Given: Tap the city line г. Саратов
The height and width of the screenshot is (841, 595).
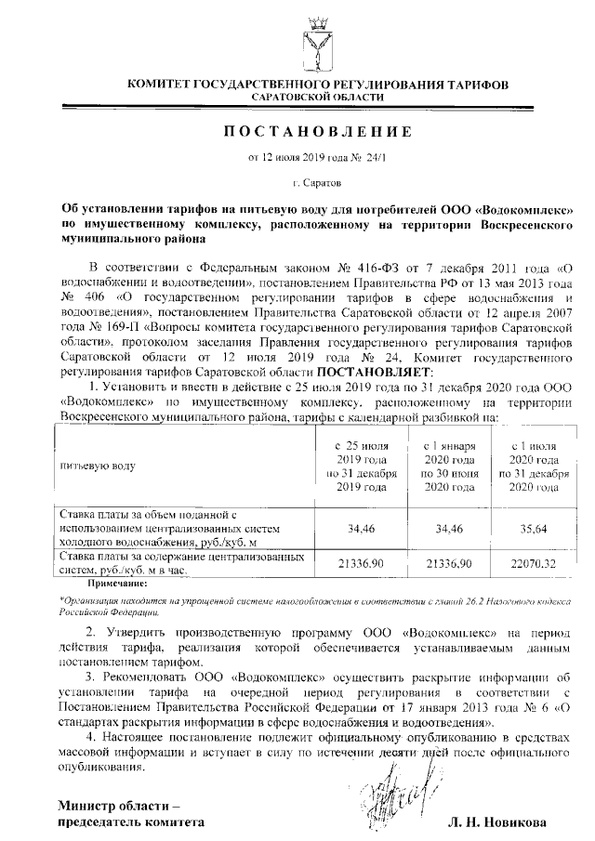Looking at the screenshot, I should pos(316,184).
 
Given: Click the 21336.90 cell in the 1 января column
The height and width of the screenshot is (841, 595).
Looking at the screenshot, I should pos(448,562).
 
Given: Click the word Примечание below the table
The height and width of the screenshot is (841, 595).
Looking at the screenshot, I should pos(117,583).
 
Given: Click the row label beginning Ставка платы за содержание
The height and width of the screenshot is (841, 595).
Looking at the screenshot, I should pos(182,558).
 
